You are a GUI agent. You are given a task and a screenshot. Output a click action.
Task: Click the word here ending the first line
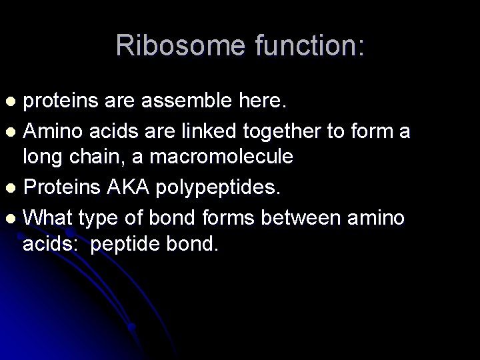pyautogui.click(x=264, y=102)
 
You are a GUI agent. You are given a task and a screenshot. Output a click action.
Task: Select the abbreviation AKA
pyautogui.click(x=131, y=188)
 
